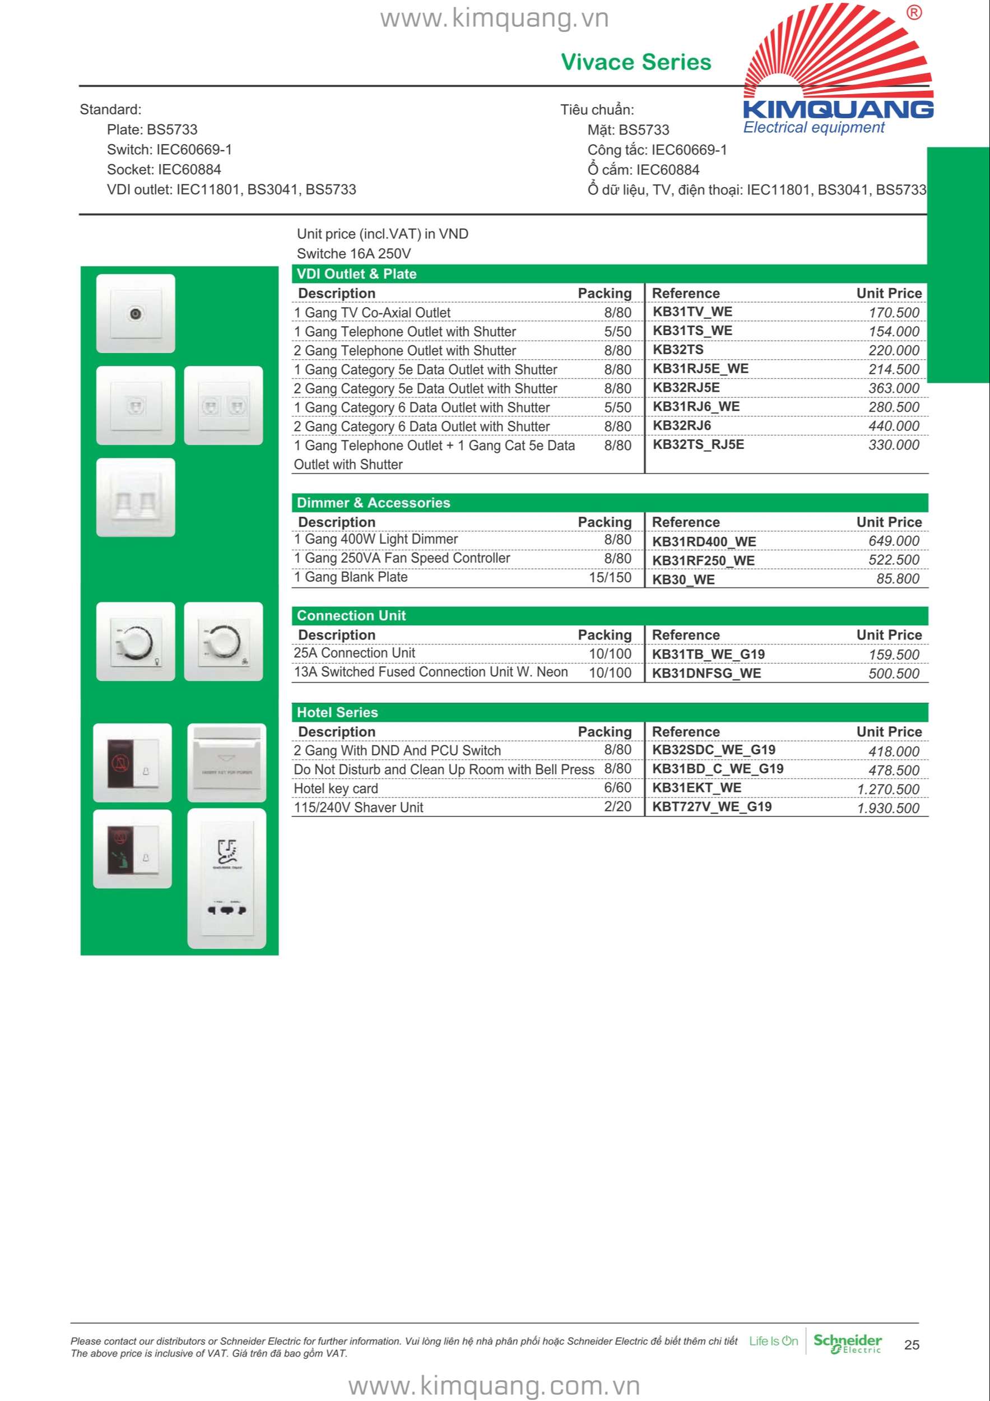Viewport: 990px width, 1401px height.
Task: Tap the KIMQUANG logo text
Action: coord(838,109)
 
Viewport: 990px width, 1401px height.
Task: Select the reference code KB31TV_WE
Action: coord(692,312)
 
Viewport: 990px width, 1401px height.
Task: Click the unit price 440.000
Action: coord(894,426)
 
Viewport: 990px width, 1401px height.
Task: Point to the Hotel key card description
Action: coord(336,788)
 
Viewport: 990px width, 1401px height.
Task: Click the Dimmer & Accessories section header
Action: coord(373,503)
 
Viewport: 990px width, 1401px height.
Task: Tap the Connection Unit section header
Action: coord(351,616)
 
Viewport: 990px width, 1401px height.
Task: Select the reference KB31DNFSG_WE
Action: coord(707,673)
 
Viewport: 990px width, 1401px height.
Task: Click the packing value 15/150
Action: coord(610,577)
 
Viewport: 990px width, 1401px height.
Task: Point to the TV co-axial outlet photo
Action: coord(136,314)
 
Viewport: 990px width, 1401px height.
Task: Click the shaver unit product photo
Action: coord(226,879)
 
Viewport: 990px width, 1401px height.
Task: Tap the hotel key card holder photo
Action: coord(226,763)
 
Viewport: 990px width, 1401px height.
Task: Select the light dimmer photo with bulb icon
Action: coord(136,641)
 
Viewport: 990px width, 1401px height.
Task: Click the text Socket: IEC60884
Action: coord(164,170)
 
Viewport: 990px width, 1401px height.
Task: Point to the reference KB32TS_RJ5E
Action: coord(699,444)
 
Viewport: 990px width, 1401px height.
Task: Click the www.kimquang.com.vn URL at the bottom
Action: coord(494,1386)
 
